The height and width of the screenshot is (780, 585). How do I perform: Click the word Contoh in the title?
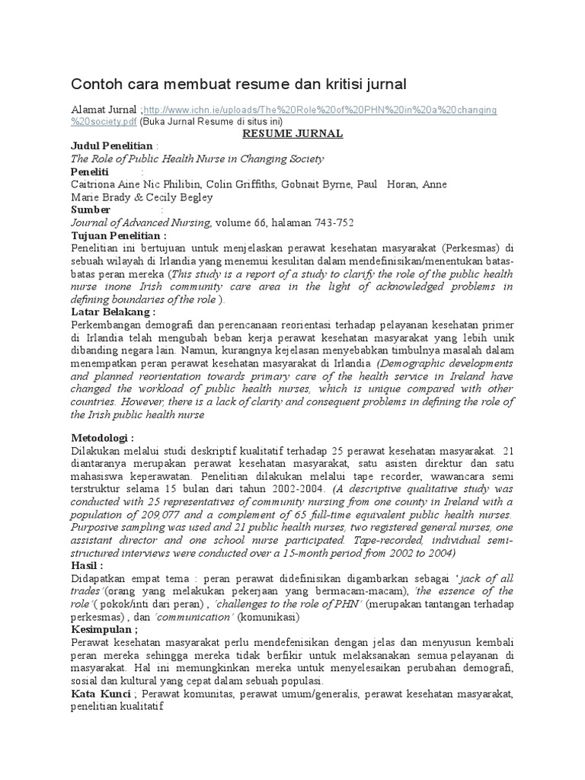(x=95, y=83)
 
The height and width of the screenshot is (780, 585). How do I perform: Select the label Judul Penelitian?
(x=112, y=146)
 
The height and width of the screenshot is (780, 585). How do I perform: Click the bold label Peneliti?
(x=90, y=172)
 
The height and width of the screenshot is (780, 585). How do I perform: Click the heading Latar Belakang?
(x=113, y=312)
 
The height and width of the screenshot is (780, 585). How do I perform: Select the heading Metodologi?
(x=102, y=438)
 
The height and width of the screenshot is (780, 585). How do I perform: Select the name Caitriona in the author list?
(x=95, y=185)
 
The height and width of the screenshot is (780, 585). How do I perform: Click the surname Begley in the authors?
(x=193, y=197)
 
